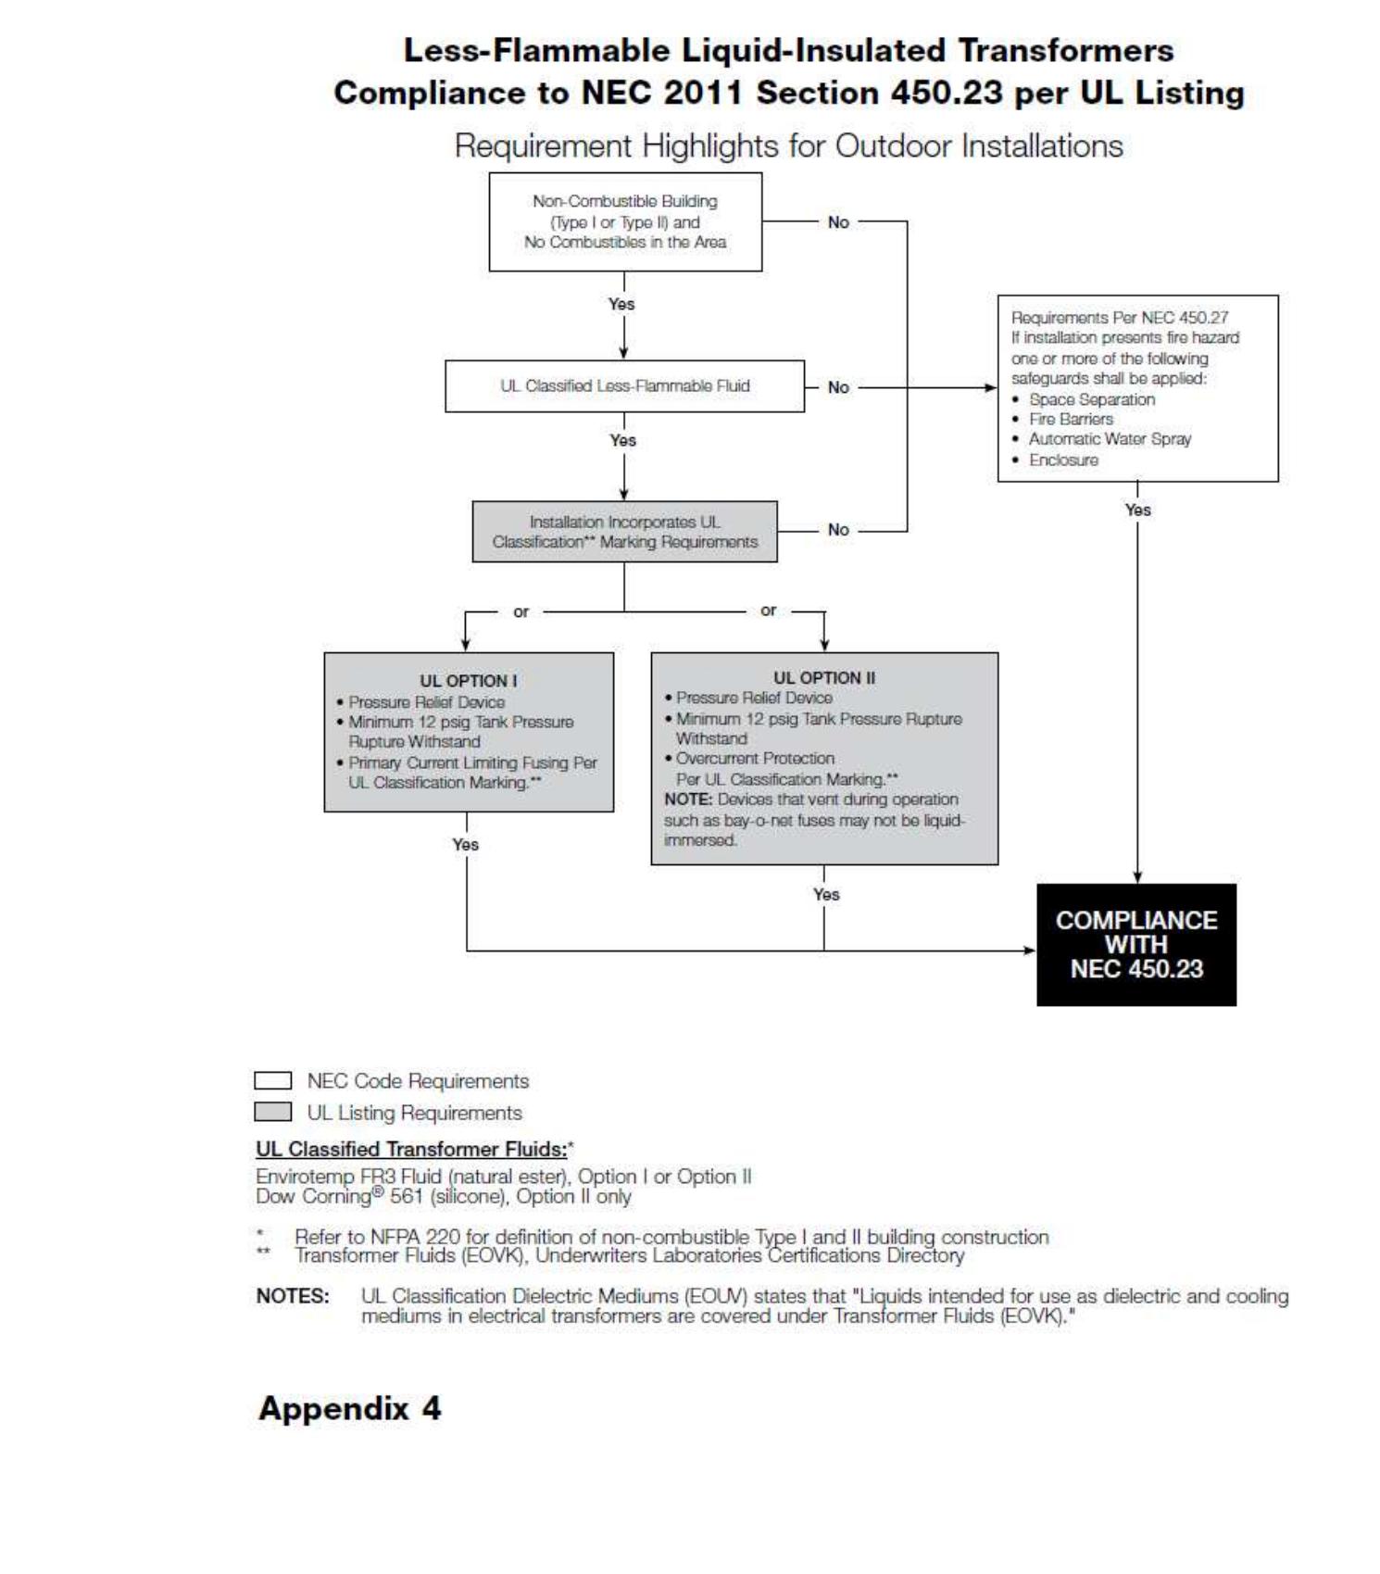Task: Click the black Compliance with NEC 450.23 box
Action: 1135,944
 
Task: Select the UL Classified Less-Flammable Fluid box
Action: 624,385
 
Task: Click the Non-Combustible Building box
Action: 624,221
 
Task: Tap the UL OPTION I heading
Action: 469,680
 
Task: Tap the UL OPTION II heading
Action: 823,677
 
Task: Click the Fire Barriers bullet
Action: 1071,419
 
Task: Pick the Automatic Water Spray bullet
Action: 1110,439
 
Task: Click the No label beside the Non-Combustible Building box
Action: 838,222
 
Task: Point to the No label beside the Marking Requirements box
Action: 838,530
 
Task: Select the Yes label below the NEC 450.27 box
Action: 1137,510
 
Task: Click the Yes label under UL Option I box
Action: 465,844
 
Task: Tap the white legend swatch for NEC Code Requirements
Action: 272,1081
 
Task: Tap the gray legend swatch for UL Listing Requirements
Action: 272,1112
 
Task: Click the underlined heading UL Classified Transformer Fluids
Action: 411,1149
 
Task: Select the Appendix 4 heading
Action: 349,1408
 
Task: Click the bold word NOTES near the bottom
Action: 293,1296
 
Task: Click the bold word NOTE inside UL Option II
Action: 687,800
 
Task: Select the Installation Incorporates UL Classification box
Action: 624,532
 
